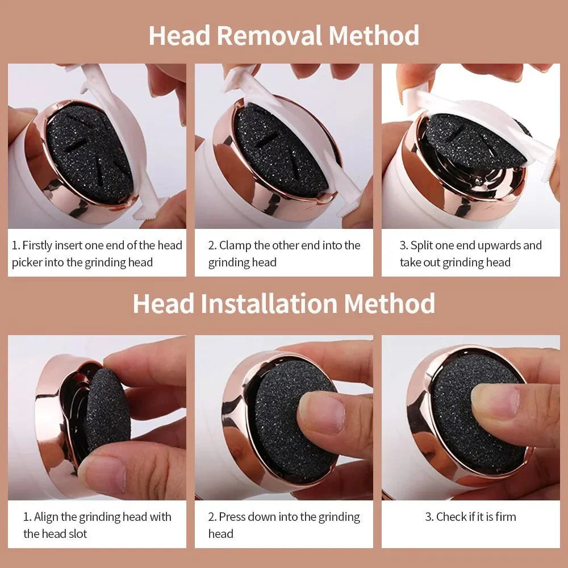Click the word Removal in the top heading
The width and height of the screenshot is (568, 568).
point(269,35)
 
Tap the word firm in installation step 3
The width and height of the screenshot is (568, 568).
point(504,517)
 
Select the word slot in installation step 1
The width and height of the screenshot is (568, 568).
point(76,534)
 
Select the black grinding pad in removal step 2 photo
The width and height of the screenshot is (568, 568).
point(278,151)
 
